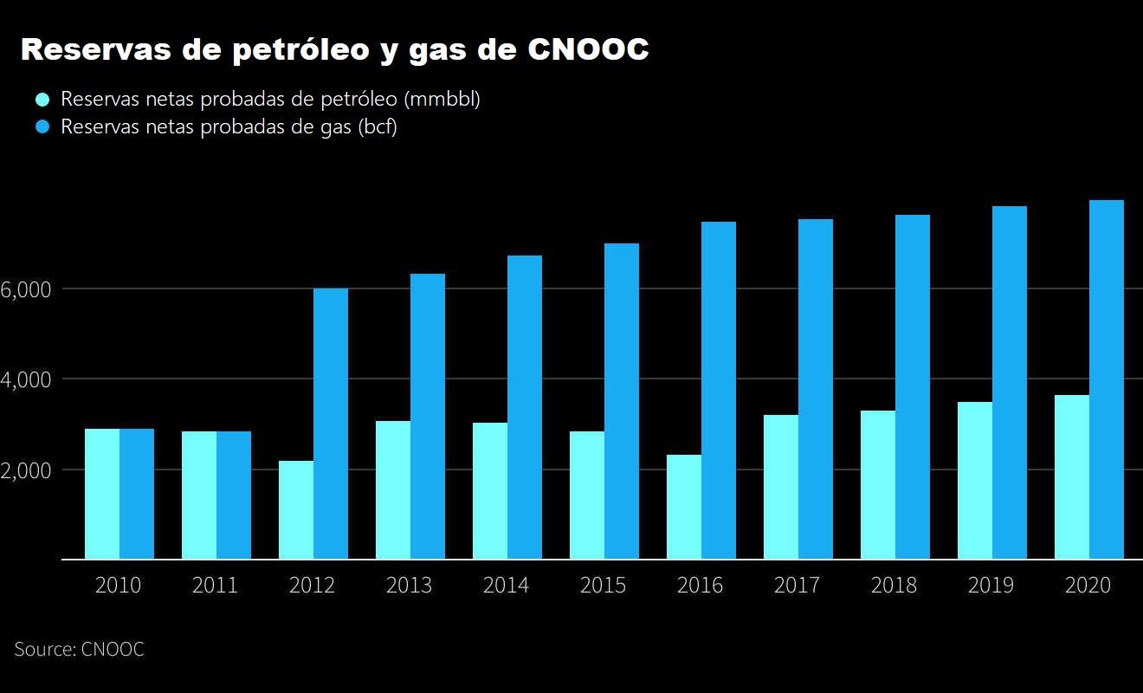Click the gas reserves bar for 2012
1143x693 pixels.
pos(331,424)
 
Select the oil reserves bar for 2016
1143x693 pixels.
pos(684,507)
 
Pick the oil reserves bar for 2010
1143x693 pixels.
pos(102,494)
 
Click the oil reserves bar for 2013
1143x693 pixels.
pos(393,489)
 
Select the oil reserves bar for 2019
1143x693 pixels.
pos(975,480)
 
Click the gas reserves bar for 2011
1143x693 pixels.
pos(234,495)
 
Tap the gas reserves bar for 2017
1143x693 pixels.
pos(816,389)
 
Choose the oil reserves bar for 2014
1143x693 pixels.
pos(490,490)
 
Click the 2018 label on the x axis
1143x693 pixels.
pos(894,586)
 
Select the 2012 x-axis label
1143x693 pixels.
pos(312,586)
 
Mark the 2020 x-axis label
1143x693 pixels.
pos(1088,586)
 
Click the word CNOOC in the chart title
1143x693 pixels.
pos(588,50)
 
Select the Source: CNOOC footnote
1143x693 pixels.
pos(79,649)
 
